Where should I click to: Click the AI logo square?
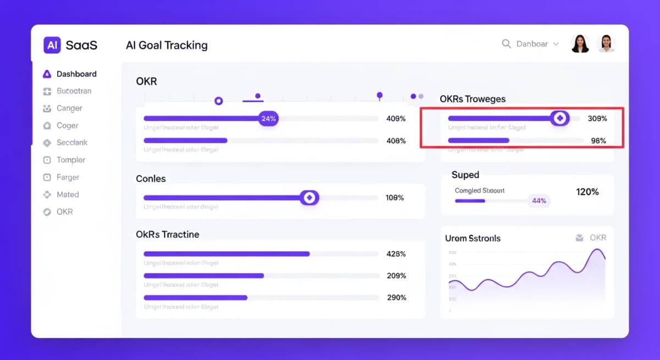click(x=52, y=45)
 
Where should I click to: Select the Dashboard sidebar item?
click(x=76, y=74)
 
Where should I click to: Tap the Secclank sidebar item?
click(x=72, y=142)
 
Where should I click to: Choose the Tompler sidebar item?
click(x=71, y=160)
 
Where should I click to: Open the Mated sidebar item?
click(x=68, y=195)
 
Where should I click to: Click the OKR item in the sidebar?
click(x=64, y=212)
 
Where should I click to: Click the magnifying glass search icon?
click(x=507, y=44)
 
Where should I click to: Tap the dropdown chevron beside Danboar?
click(x=556, y=44)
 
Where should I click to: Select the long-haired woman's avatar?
click(x=580, y=43)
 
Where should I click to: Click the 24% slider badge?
click(x=268, y=118)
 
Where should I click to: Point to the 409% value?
click(x=396, y=119)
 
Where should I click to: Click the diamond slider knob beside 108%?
click(x=309, y=198)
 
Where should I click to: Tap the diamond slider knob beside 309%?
click(x=560, y=118)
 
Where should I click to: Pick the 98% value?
click(x=598, y=141)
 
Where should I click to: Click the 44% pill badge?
click(x=539, y=201)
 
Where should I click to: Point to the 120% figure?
click(x=587, y=192)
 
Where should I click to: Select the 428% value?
click(x=396, y=254)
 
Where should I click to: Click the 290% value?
click(x=396, y=297)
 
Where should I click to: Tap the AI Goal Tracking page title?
click(x=167, y=45)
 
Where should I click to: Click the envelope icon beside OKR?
click(x=579, y=238)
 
